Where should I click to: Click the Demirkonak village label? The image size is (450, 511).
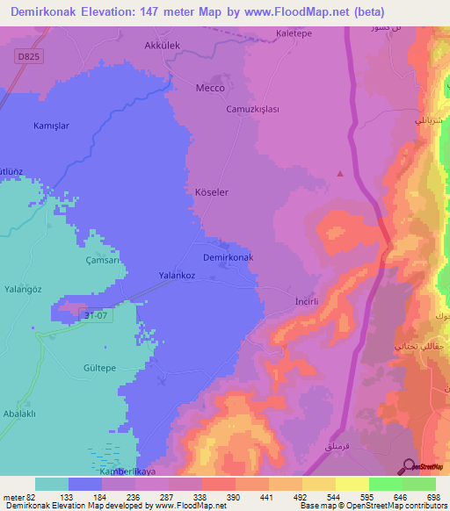pos(228,257)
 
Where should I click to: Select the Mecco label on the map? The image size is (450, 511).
pos(209,89)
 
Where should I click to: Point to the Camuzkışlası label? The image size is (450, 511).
pos(252,109)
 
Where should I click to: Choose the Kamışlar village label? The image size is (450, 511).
pos(51,126)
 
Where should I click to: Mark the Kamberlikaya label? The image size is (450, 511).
pos(126,472)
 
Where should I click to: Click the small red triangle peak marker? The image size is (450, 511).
pos(340,173)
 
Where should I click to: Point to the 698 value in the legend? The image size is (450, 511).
pos(432,497)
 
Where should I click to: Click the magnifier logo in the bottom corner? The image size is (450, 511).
pos(407,466)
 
